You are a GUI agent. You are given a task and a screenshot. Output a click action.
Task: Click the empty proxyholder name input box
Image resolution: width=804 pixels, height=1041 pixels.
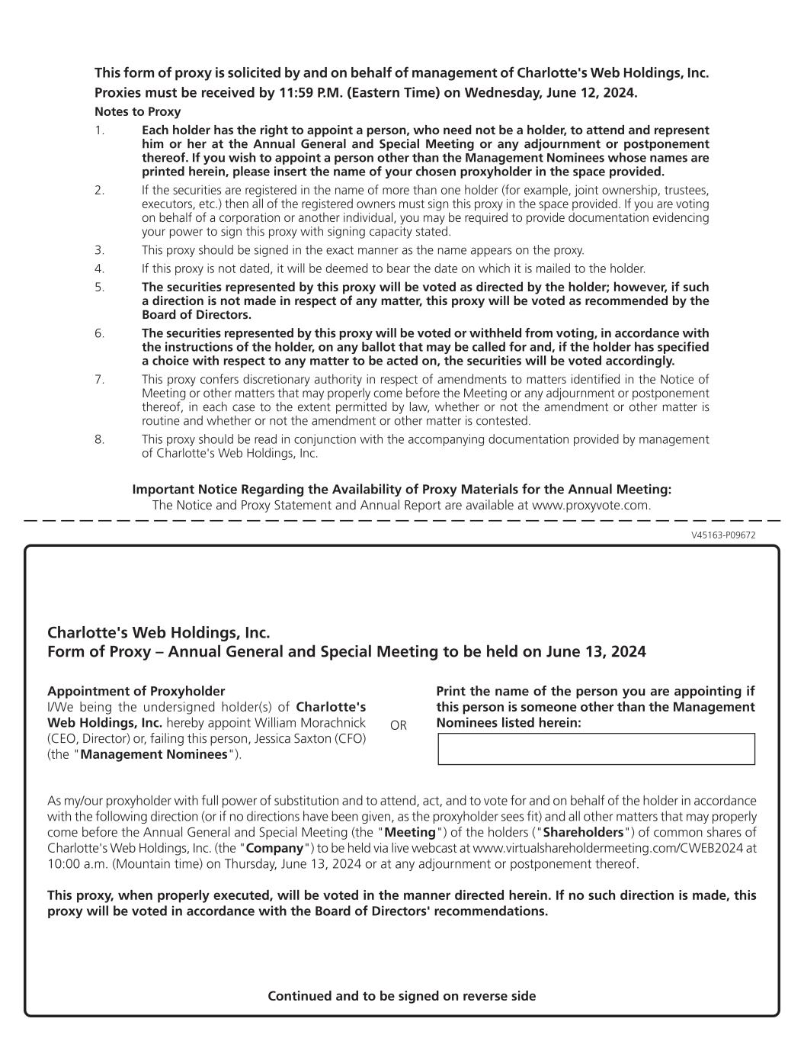pos(596,749)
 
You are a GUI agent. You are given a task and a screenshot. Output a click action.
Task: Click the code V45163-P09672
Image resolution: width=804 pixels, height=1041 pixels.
pos(723,535)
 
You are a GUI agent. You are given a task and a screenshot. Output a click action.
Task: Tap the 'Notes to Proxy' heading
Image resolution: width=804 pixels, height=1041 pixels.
pos(137,112)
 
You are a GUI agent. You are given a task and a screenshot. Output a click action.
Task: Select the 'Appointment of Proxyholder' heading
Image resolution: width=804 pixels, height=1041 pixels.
pos(136,691)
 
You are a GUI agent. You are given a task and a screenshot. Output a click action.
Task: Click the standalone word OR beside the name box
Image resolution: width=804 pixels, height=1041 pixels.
pos(399,725)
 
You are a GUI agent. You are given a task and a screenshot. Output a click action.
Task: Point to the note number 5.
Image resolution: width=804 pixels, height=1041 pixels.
pos(99,288)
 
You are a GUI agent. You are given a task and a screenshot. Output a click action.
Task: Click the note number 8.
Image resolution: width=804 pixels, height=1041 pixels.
pos(99,439)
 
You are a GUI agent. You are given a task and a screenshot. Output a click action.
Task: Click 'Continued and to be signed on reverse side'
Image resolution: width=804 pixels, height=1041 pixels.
pos(402,996)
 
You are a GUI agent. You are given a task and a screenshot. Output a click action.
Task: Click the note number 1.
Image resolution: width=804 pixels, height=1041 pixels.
pos(99,130)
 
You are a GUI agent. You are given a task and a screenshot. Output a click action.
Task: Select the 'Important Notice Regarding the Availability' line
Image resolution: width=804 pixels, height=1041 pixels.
pos(402,490)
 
